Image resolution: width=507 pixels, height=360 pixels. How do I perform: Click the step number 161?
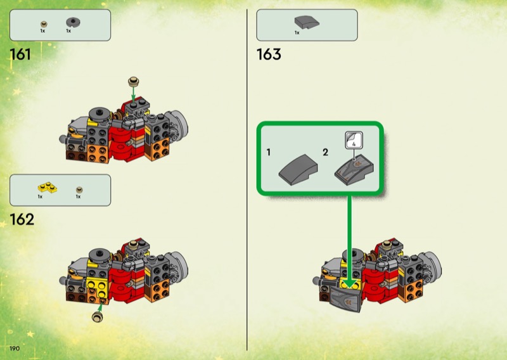click(20, 55)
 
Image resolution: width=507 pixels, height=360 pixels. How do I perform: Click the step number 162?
click(22, 220)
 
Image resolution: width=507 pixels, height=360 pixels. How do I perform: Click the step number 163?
click(269, 55)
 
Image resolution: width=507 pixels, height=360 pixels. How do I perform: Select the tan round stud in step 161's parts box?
click(43, 23)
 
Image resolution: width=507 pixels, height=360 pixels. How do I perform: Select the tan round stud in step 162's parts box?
click(79, 188)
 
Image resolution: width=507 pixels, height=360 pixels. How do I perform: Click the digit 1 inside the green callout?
click(269, 153)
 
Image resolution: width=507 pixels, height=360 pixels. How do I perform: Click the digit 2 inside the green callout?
click(325, 153)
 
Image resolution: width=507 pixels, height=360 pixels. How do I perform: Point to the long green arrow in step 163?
click(350, 235)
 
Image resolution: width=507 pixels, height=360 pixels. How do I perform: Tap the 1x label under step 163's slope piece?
click(297, 32)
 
